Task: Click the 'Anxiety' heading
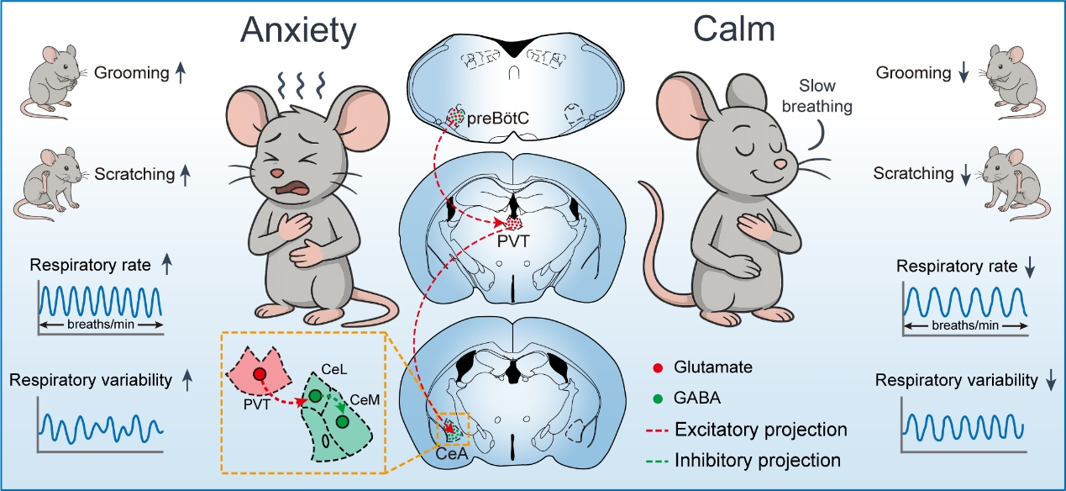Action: click(298, 31)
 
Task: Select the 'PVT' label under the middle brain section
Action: click(514, 243)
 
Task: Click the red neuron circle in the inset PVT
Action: click(260, 376)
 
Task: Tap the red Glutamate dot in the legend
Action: click(660, 367)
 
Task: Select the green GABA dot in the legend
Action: click(660, 399)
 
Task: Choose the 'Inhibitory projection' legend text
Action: click(766, 460)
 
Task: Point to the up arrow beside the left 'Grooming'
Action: click(179, 73)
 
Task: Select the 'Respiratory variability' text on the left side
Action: click(90, 380)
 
